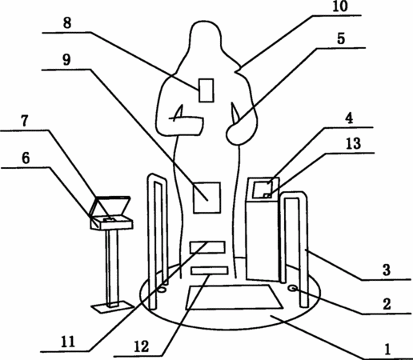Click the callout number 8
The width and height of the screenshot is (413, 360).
[x=67, y=23]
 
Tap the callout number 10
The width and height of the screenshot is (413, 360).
[x=340, y=6]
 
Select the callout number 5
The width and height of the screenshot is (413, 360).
[x=341, y=38]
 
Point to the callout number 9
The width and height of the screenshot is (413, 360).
[x=66, y=60]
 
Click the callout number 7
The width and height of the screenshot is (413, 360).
[x=25, y=121]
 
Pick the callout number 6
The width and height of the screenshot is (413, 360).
[x=26, y=158]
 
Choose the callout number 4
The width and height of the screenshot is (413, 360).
[x=349, y=118]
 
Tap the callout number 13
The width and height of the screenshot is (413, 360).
[x=353, y=143]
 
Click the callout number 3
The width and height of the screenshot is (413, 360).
[x=387, y=270]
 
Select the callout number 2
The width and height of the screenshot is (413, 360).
[x=387, y=304]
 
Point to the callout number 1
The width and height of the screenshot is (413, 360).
[x=387, y=349]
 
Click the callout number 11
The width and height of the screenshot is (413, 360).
[x=68, y=342]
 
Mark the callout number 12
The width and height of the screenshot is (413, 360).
[x=141, y=347]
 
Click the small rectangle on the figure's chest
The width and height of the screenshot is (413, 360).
[x=206, y=90]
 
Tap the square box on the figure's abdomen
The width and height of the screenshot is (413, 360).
[x=206, y=198]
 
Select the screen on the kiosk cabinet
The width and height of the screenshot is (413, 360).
[x=263, y=190]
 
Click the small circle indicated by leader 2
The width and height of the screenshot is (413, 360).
[x=293, y=289]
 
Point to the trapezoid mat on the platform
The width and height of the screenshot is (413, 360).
[x=234, y=298]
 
